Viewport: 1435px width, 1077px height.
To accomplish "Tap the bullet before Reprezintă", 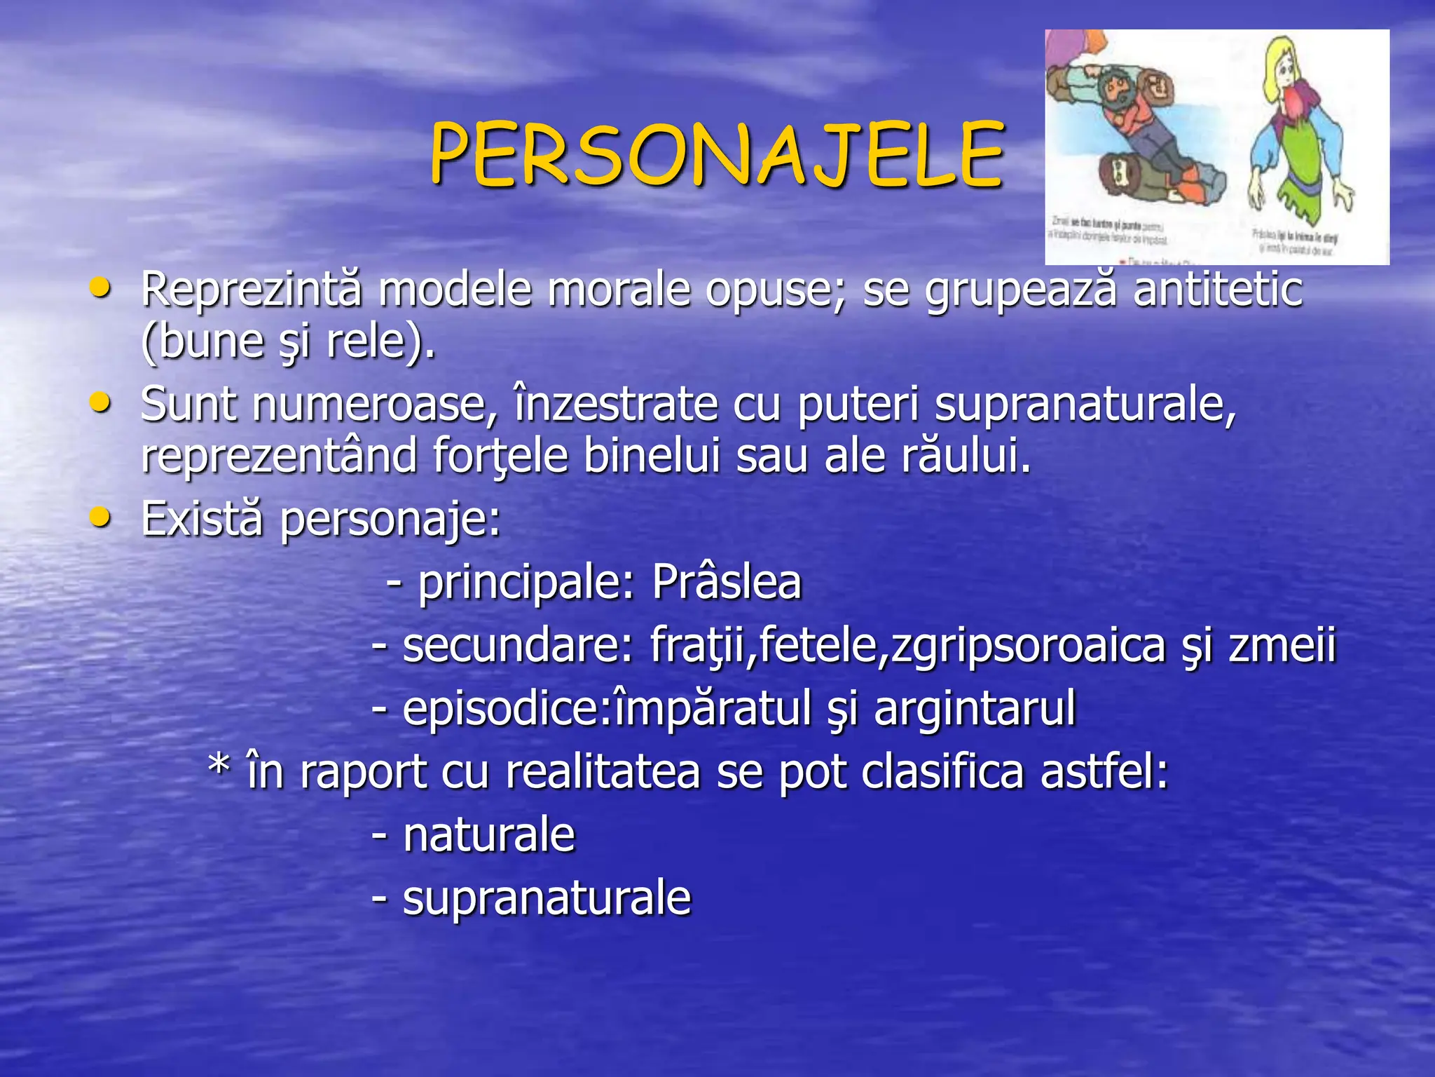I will [100, 287].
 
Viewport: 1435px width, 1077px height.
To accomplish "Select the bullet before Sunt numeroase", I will [100, 402].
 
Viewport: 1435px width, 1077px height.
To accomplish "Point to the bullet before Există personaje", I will [100, 517].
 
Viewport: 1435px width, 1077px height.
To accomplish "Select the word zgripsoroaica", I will [1020, 645].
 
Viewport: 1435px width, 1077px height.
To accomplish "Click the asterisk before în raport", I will [219, 768].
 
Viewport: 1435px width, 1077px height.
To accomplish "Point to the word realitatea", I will [603, 771].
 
